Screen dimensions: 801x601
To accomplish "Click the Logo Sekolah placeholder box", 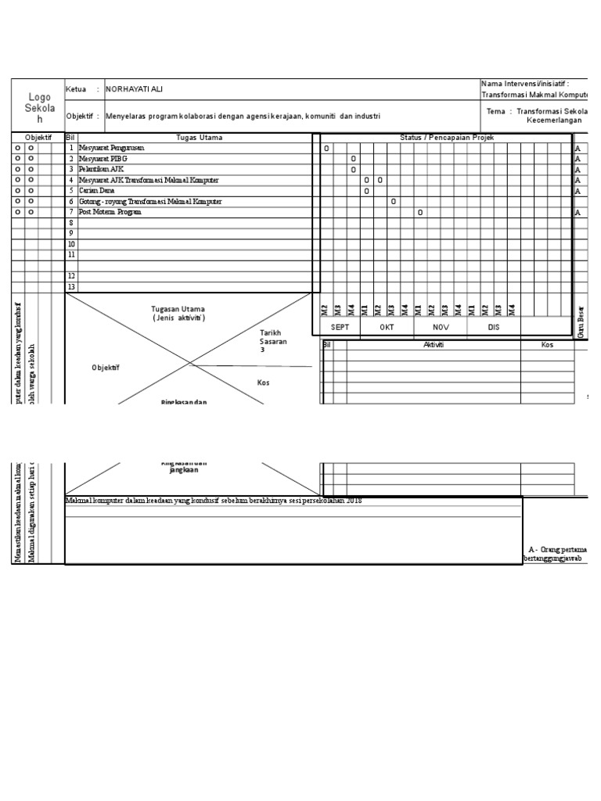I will click(38, 105).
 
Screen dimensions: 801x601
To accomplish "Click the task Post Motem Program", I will click(110, 212).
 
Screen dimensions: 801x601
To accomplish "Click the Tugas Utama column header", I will click(200, 138).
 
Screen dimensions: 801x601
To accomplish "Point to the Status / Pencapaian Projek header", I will click(447, 138).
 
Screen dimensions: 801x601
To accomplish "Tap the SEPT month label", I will click(340, 328).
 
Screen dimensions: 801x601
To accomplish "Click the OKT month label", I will click(387, 328).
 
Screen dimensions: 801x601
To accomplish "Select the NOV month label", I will click(441, 328).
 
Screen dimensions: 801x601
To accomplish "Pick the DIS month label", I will click(493, 328).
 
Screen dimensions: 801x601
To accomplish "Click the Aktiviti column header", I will click(434, 345).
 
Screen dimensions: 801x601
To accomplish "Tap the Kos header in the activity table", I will click(547, 345).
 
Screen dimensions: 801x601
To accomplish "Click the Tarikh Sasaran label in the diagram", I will click(273, 341).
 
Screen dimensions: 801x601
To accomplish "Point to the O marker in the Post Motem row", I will click(420, 213).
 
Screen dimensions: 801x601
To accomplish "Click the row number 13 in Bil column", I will click(71, 287).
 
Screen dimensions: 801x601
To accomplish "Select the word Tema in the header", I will click(495, 111).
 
